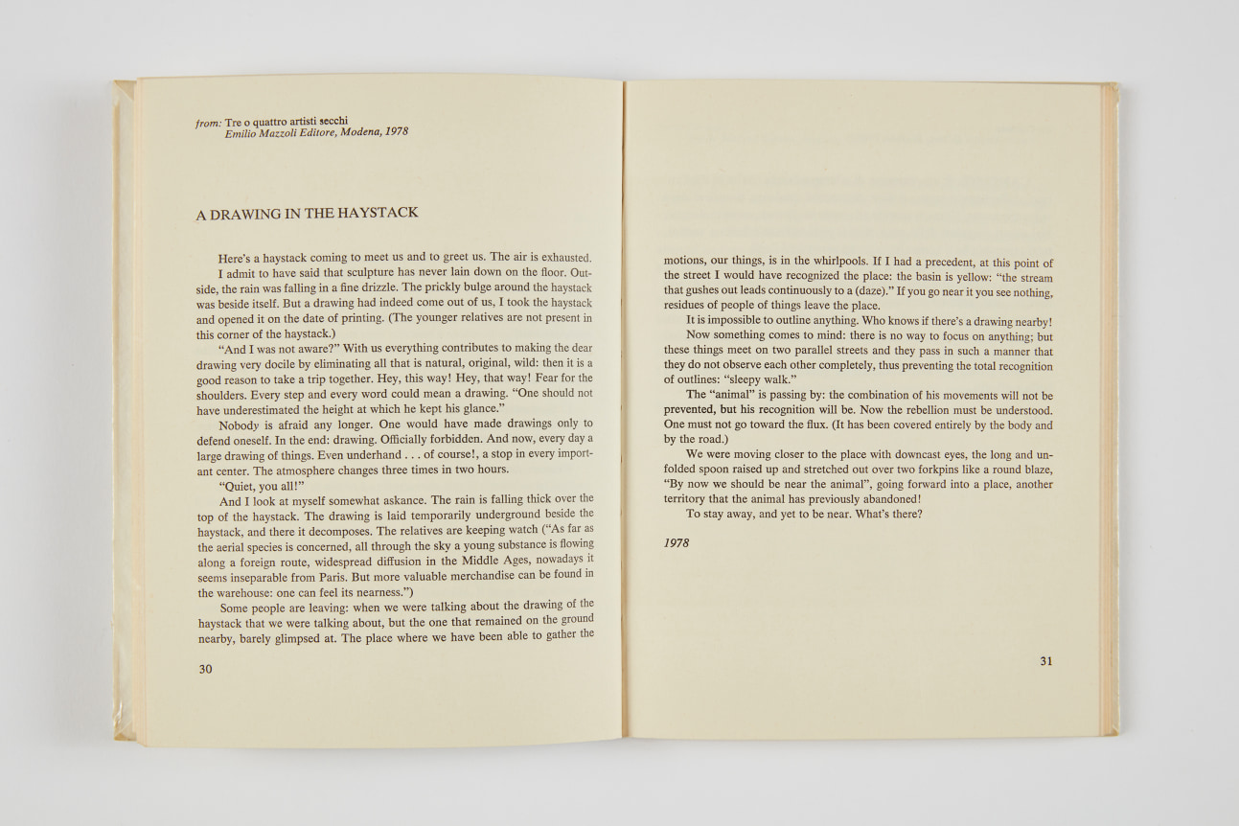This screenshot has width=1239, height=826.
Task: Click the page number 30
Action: tap(205, 669)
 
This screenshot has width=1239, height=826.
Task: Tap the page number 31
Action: tap(1045, 660)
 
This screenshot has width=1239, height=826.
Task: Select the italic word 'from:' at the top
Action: tap(208, 124)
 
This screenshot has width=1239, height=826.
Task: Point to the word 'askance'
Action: tap(398, 500)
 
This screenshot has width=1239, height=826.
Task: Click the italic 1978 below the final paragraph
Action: tap(677, 543)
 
